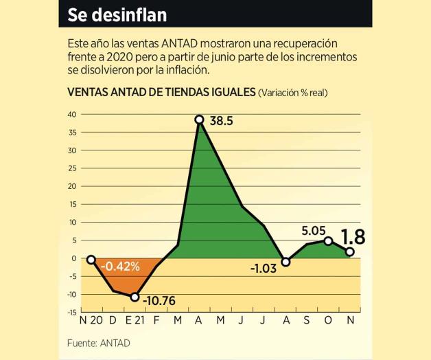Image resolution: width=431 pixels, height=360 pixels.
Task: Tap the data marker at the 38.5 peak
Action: [x=199, y=120]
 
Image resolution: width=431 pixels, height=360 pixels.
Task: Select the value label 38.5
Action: [x=220, y=121]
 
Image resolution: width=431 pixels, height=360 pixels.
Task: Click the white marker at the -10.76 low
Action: [x=135, y=297]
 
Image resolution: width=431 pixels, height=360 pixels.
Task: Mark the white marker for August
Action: [x=286, y=262]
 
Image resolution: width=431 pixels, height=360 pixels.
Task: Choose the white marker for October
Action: [x=329, y=241]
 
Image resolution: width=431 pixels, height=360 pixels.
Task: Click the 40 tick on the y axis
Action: [x=71, y=114]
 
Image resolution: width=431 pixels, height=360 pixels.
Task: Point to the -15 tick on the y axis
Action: [x=71, y=312]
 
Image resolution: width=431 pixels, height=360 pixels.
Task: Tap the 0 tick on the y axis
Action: [x=73, y=258]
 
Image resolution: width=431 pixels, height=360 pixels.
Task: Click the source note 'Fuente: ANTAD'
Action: [x=98, y=343]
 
